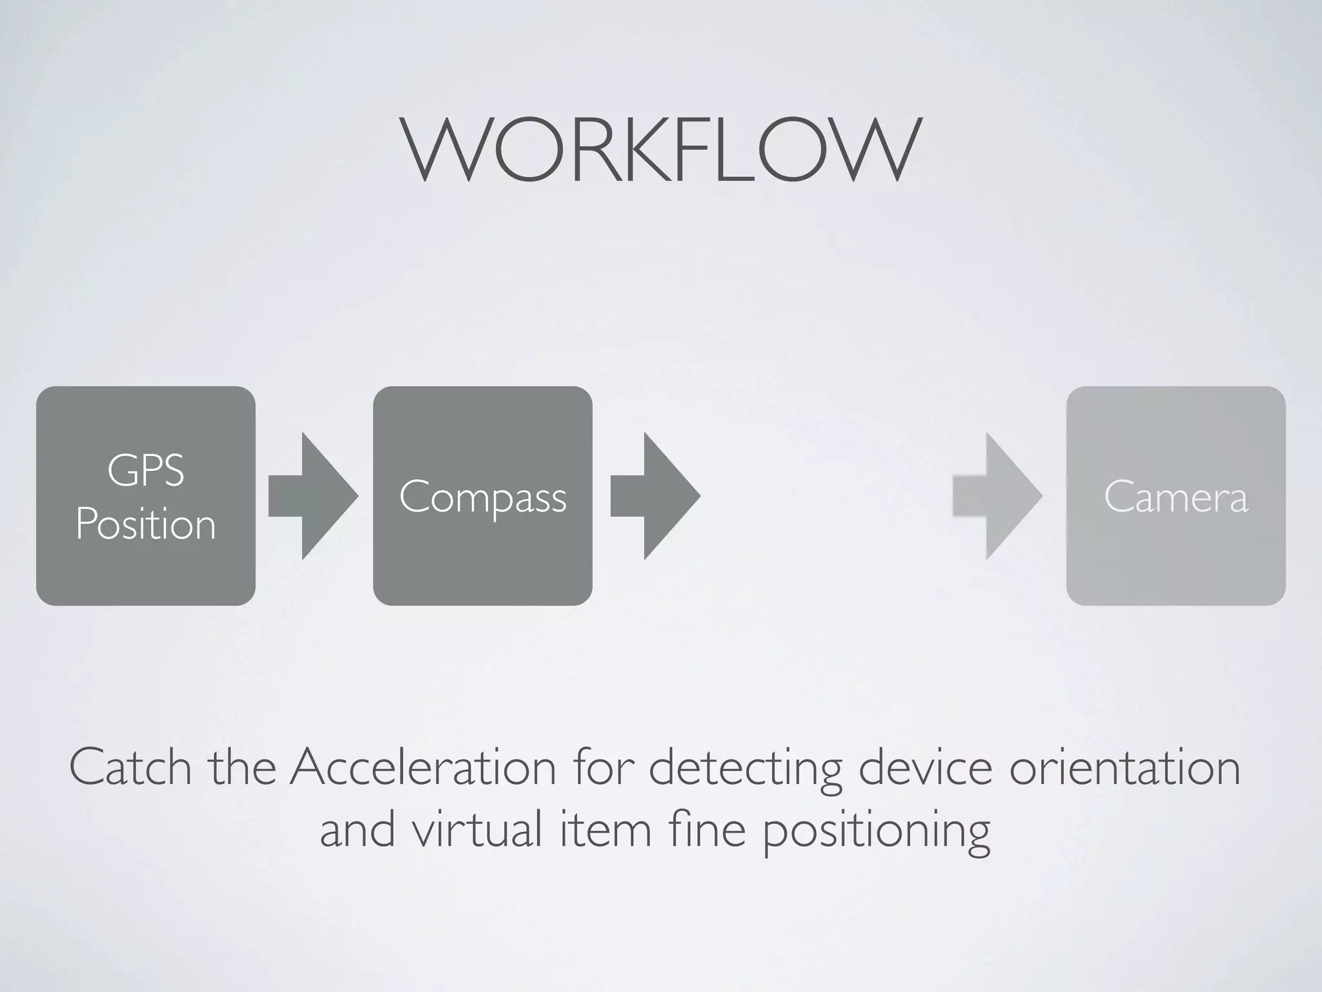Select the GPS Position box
[146, 496]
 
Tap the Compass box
[483, 496]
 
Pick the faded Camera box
[1175, 496]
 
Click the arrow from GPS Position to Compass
[314, 496]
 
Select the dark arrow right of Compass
[656, 496]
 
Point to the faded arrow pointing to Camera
[998, 496]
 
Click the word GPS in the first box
[146, 470]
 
